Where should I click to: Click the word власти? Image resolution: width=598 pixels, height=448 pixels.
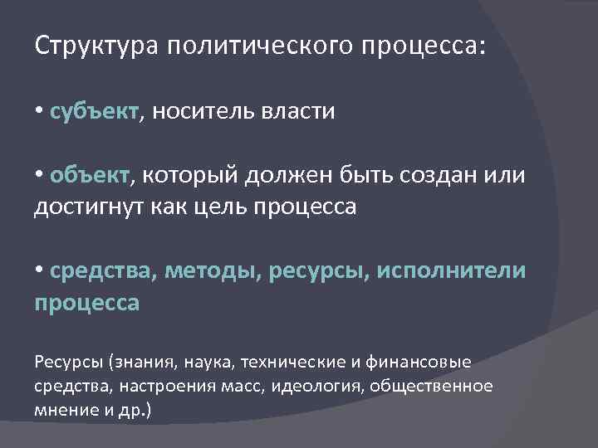(300, 112)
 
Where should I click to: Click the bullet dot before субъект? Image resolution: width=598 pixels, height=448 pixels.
(40, 112)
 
